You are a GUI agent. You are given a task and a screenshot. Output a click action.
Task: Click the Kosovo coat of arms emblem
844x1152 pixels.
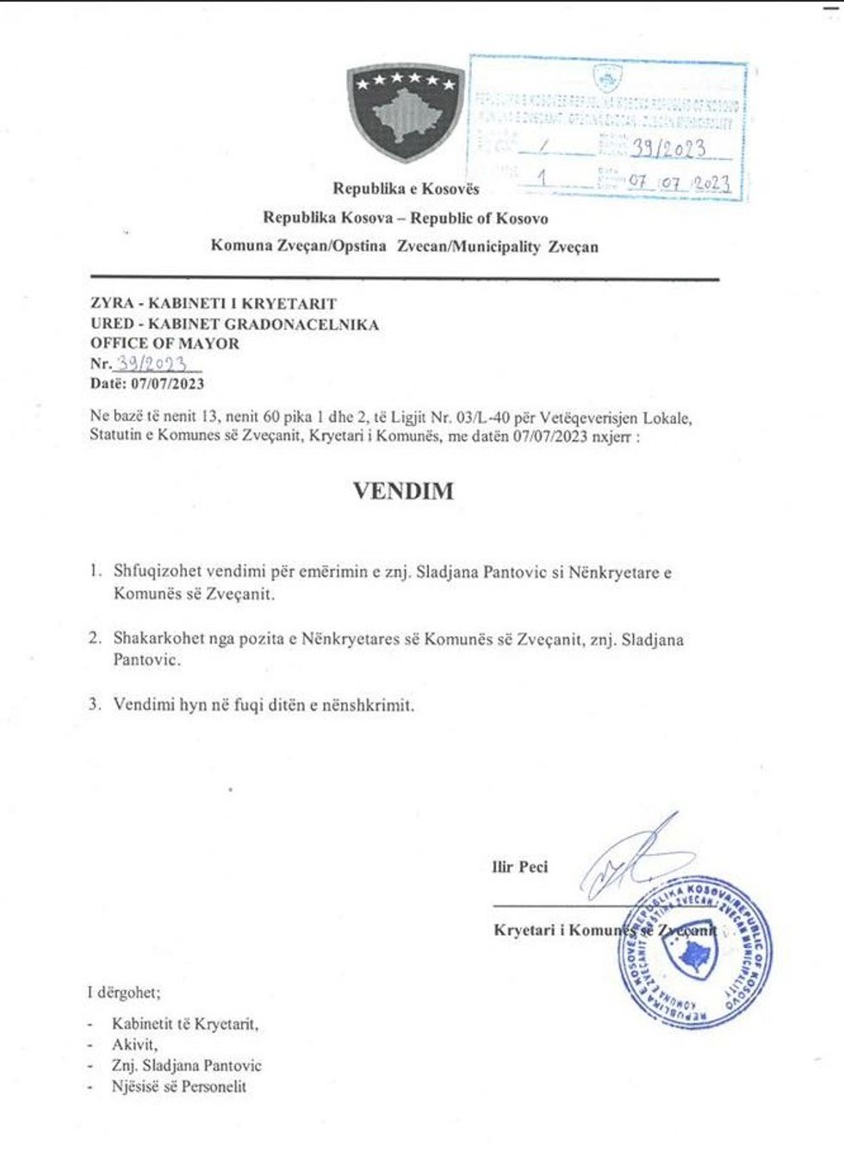[x=405, y=112]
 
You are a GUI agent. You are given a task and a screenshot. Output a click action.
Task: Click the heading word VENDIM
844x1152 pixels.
[x=403, y=491]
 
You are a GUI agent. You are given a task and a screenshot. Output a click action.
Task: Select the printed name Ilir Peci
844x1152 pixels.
[x=519, y=867]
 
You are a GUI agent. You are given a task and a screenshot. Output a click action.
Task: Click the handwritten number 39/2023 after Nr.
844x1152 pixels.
[x=152, y=362]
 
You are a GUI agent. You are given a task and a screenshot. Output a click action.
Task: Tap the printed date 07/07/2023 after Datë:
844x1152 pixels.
[x=167, y=384]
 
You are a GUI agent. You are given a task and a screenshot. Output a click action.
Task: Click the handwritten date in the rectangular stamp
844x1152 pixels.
[x=679, y=183]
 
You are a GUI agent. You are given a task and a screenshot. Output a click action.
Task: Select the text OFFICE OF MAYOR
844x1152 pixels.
[x=164, y=344]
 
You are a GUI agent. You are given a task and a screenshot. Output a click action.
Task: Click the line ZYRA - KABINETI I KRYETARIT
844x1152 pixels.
[x=213, y=304]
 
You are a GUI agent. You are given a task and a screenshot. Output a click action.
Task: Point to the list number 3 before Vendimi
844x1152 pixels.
[x=95, y=704]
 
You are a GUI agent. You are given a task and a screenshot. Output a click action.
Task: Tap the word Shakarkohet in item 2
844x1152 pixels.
[x=159, y=639]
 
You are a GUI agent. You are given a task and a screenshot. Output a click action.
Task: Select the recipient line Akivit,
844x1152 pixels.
[x=134, y=1044]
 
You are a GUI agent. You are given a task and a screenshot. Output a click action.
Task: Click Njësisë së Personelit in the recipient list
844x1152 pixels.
[x=178, y=1087]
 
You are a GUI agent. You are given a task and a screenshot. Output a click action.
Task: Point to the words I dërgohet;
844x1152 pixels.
[x=123, y=993]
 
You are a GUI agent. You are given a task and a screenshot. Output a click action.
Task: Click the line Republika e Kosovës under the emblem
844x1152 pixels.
[x=406, y=189]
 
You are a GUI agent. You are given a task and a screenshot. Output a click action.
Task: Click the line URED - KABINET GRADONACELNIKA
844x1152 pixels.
[x=234, y=324]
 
